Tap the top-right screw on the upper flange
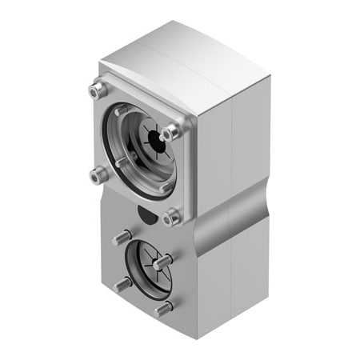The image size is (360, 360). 170,133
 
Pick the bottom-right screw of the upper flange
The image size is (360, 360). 170,216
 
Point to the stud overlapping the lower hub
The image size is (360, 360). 163,261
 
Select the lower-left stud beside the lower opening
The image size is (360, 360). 122,284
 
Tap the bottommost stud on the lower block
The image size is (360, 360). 162,308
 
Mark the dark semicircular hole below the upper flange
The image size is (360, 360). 145,214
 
